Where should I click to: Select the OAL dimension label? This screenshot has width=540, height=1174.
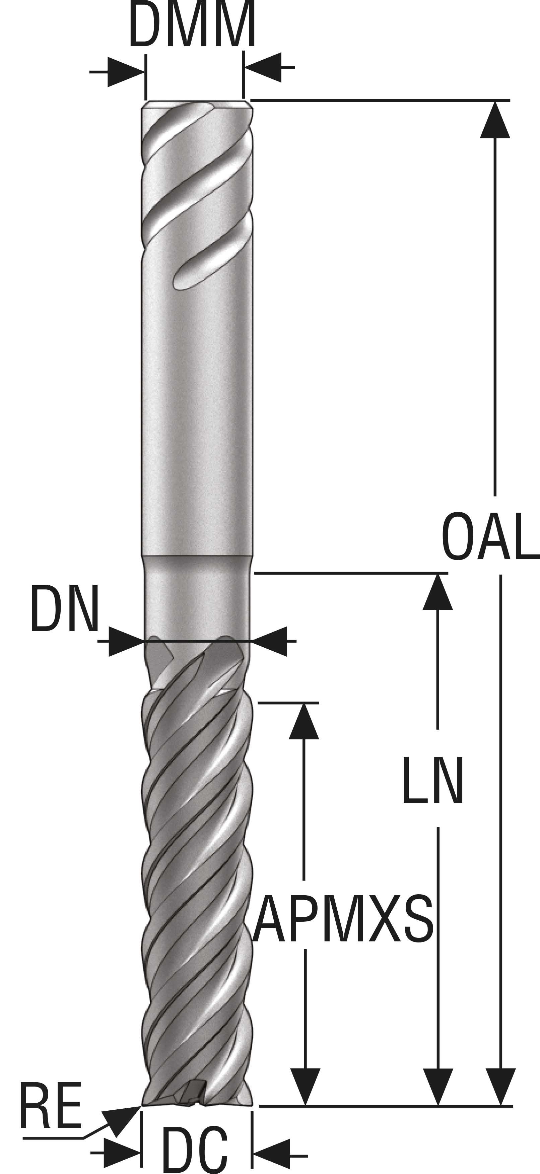tap(490, 536)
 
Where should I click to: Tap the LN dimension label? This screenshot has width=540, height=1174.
tap(432, 780)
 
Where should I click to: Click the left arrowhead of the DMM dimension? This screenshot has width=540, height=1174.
tap(126, 72)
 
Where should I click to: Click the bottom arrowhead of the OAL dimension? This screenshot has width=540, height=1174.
tap(501, 1087)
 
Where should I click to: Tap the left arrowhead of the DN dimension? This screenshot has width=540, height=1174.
tap(127, 641)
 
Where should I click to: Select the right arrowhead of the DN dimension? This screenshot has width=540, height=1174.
tap(269, 641)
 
